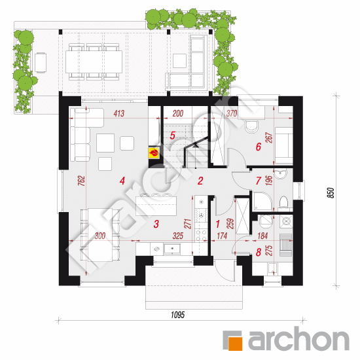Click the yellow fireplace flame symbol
click(x=154, y=153)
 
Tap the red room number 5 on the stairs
click(x=172, y=135)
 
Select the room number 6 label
click(x=259, y=147)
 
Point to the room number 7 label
click(x=259, y=181)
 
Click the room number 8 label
click(x=259, y=252)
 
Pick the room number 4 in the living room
click(x=122, y=181)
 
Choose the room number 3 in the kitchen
click(x=156, y=224)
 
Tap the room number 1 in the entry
click(x=218, y=224)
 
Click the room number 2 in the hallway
click(x=200, y=181)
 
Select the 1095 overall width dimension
click(x=177, y=315)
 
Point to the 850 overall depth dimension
click(x=331, y=193)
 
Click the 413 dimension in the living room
click(x=119, y=113)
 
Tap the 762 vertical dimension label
click(x=82, y=181)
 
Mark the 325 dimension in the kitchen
click(x=178, y=236)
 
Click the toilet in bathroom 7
click(x=284, y=202)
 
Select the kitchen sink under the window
click(x=171, y=249)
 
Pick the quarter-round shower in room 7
click(x=262, y=201)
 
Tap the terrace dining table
click(x=94, y=62)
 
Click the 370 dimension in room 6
click(x=232, y=113)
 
